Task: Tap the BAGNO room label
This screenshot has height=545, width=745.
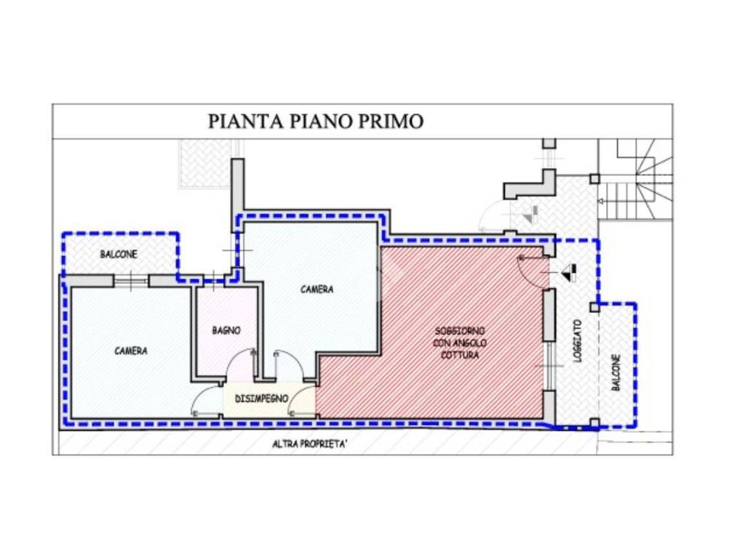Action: coord(226,330)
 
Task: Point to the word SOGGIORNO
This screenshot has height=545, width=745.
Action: coord(460,330)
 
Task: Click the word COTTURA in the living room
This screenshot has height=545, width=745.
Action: coord(460,356)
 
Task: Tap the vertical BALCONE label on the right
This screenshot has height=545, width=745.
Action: coord(615,373)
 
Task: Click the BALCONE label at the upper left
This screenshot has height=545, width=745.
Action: coord(118,255)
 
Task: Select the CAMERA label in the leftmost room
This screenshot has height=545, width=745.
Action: coord(131,351)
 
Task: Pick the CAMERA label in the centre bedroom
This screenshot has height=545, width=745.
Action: coord(317,290)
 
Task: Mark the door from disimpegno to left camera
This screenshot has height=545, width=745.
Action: coord(206,400)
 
